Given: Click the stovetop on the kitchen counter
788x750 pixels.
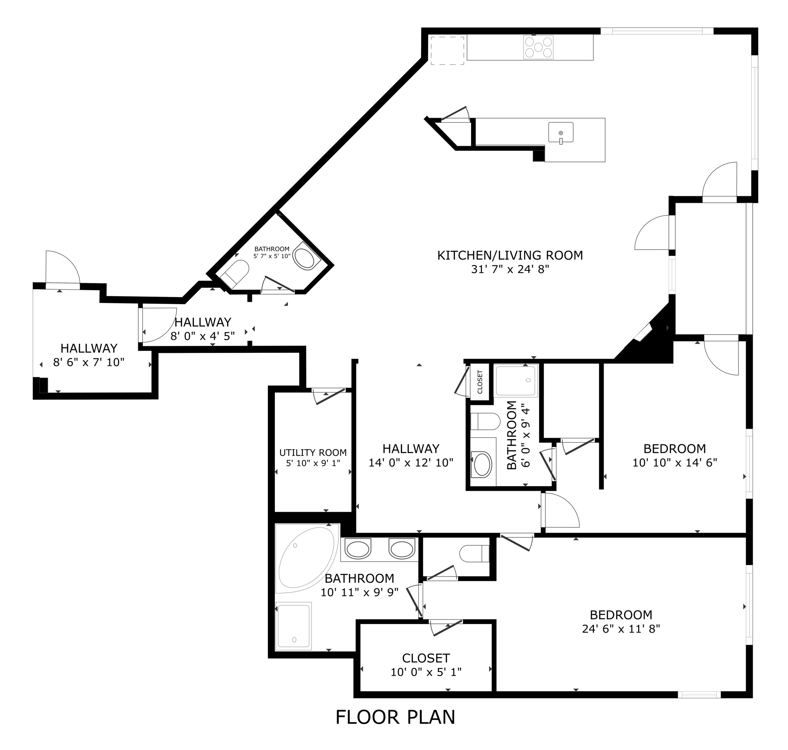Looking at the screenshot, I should (x=538, y=47).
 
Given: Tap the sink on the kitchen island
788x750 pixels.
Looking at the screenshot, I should (x=560, y=133).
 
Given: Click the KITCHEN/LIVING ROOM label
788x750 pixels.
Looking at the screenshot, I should (x=510, y=256).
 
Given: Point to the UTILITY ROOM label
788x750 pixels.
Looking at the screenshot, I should (x=313, y=452).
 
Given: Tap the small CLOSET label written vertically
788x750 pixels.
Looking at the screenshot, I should (x=480, y=382).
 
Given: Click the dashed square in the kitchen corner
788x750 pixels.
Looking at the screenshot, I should (x=447, y=51).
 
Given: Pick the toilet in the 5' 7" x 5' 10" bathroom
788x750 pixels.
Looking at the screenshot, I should (x=236, y=273).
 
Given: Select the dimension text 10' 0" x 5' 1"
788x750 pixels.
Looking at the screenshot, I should (x=426, y=673).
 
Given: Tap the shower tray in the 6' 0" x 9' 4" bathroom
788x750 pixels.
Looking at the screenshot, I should (x=516, y=380).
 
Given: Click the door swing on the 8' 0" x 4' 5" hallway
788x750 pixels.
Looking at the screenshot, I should (x=159, y=325).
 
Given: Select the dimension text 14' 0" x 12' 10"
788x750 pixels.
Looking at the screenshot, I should (x=410, y=463).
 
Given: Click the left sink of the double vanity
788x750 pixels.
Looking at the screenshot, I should (x=358, y=549).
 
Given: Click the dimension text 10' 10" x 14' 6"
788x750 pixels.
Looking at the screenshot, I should (x=674, y=463).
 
